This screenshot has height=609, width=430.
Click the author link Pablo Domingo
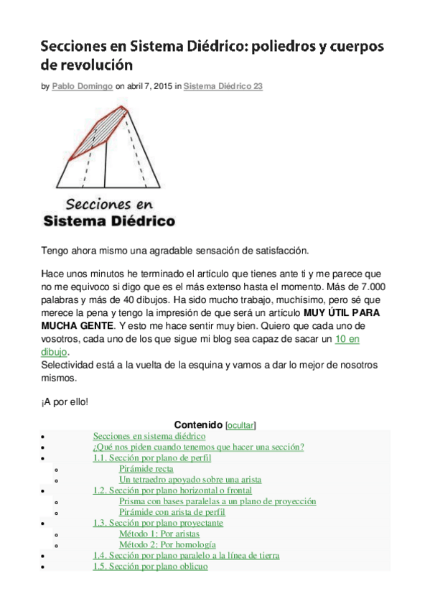pos(82,86)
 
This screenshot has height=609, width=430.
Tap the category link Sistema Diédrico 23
pos(223,86)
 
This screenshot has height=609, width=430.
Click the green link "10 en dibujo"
pos(347,338)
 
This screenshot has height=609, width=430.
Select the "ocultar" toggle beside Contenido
pos(240,425)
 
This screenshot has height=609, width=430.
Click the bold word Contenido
pos(198,425)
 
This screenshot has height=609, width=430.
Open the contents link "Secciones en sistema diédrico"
pos(149,436)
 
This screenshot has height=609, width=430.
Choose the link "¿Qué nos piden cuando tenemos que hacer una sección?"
pos(198,447)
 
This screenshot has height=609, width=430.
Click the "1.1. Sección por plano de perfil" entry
pos(153,457)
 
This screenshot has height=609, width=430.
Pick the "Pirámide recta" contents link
pos(146,468)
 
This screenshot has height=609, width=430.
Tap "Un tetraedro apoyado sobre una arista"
pos(190,479)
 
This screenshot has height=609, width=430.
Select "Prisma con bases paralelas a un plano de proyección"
pos(218,501)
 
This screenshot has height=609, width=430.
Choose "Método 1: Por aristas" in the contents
pos(159,534)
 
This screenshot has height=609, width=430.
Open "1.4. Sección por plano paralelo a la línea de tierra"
pos(186,555)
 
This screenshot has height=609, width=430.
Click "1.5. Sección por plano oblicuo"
pos(150,566)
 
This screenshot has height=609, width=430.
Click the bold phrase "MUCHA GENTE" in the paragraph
pos(69,325)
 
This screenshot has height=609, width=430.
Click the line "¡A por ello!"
pos(65,402)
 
